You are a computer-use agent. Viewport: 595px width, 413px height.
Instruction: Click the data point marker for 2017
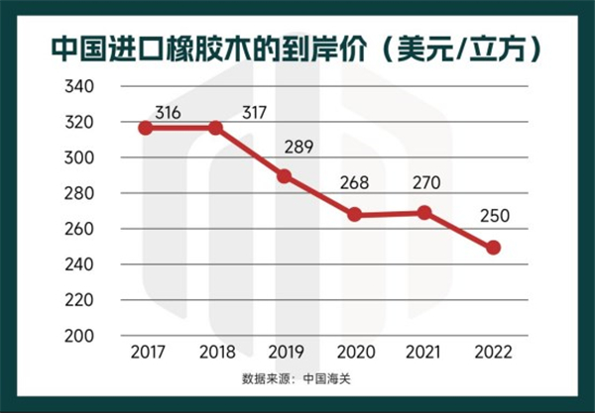(146, 128)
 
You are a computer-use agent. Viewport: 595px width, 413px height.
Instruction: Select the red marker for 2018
(215, 128)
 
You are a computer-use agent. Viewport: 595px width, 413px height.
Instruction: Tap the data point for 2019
(285, 176)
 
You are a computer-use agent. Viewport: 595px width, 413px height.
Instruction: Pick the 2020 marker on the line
(354, 215)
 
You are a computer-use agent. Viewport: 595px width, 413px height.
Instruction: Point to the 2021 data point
(423, 212)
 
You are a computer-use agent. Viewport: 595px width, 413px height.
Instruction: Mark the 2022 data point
(493, 248)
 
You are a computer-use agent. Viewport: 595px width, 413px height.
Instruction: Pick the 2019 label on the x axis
(285, 351)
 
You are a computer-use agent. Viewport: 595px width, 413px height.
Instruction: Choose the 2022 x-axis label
(493, 351)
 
